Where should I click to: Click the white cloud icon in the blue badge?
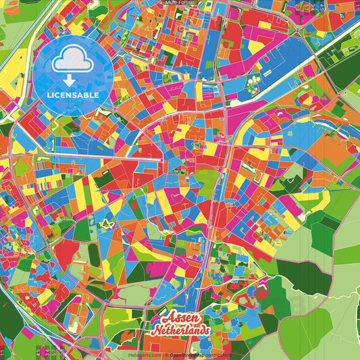[x=73, y=62]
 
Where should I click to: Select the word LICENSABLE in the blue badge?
[x=73, y=95]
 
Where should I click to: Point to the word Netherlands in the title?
[x=180, y=332]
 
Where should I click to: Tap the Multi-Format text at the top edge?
[x=180, y=3]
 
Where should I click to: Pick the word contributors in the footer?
[x=219, y=355]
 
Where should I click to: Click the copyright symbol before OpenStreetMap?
[x=165, y=355]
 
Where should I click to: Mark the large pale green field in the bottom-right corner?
[x=324, y=331]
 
